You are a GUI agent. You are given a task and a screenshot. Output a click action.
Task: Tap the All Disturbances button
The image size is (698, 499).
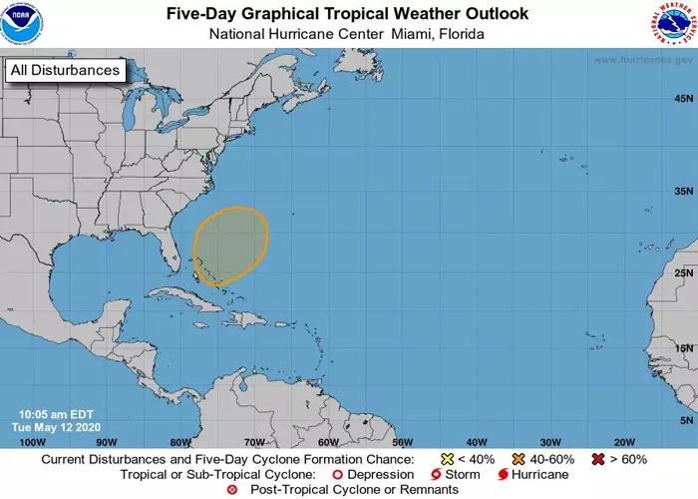[x=66, y=70]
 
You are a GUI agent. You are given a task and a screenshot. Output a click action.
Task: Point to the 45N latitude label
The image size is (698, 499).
[x=683, y=99]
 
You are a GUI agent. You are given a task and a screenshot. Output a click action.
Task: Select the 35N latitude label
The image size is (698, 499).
[x=683, y=190]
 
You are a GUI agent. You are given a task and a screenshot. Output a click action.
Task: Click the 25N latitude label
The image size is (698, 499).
[x=683, y=272]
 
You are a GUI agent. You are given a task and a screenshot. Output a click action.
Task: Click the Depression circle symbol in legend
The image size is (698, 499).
[x=337, y=475]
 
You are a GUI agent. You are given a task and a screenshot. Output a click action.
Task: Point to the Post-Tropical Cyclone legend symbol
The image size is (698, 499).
[x=232, y=490]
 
